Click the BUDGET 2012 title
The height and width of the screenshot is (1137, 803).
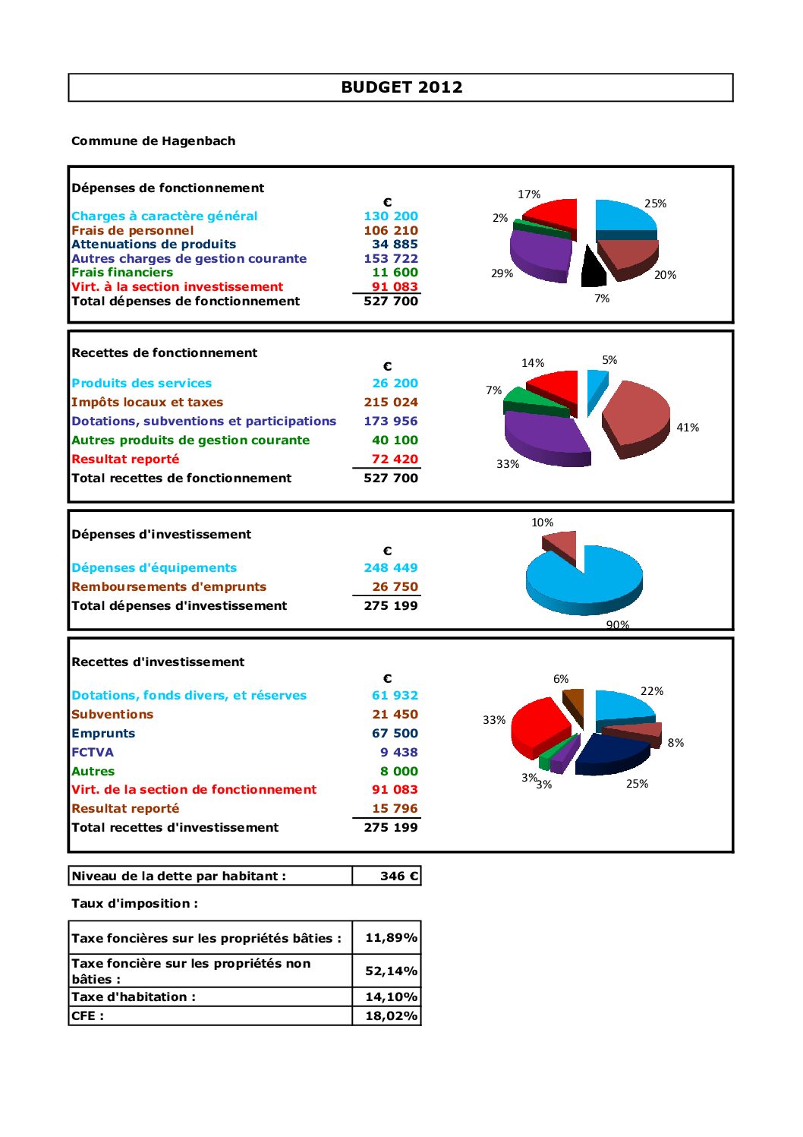[x=401, y=87]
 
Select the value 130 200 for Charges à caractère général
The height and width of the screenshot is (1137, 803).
[x=391, y=216]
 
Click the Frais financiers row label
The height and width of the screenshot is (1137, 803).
[x=122, y=273]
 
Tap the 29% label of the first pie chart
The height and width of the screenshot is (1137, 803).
[x=502, y=273]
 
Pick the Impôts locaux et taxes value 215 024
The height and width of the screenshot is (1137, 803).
[x=391, y=403]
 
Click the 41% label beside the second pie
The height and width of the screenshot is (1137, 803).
[x=688, y=428]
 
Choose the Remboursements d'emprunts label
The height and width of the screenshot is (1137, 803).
[x=168, y=587]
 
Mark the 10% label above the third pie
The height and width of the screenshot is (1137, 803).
[x=542, y=523]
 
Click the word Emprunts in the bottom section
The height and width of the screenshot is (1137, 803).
[x=103, y=734]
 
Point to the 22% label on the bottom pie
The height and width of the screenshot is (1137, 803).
[x=652, y=691]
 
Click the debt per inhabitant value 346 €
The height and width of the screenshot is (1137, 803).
[x=398, y=876]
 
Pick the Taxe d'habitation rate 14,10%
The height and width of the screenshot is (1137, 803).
[x=391, y=997]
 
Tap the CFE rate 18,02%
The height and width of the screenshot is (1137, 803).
[x=391, y=1016]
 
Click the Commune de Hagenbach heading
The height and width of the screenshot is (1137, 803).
[x=153, y=141]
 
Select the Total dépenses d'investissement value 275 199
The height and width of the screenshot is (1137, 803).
[x=391, y=606]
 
